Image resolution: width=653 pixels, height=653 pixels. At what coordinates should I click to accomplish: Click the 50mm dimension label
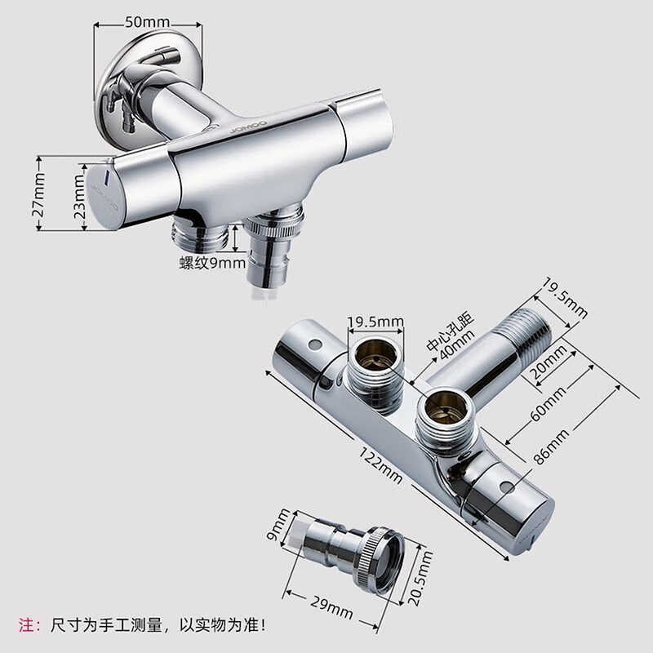148,22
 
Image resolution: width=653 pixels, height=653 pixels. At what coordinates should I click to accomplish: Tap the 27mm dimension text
38,195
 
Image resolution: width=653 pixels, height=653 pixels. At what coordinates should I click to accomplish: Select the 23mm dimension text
79,196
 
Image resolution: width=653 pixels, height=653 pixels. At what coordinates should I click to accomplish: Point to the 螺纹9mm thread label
212,263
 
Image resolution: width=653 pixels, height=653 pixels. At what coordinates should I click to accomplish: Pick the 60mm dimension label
548,403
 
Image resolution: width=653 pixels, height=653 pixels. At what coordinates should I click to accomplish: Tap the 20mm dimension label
549,362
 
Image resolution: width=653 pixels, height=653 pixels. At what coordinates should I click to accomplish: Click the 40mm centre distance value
457,345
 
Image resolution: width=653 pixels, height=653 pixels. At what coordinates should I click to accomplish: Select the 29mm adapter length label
331,606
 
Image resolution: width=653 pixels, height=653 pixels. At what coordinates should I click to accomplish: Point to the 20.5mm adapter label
420,578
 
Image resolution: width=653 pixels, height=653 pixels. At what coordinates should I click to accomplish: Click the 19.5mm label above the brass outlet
376,322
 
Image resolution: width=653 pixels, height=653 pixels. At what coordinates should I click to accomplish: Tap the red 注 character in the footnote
26,625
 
